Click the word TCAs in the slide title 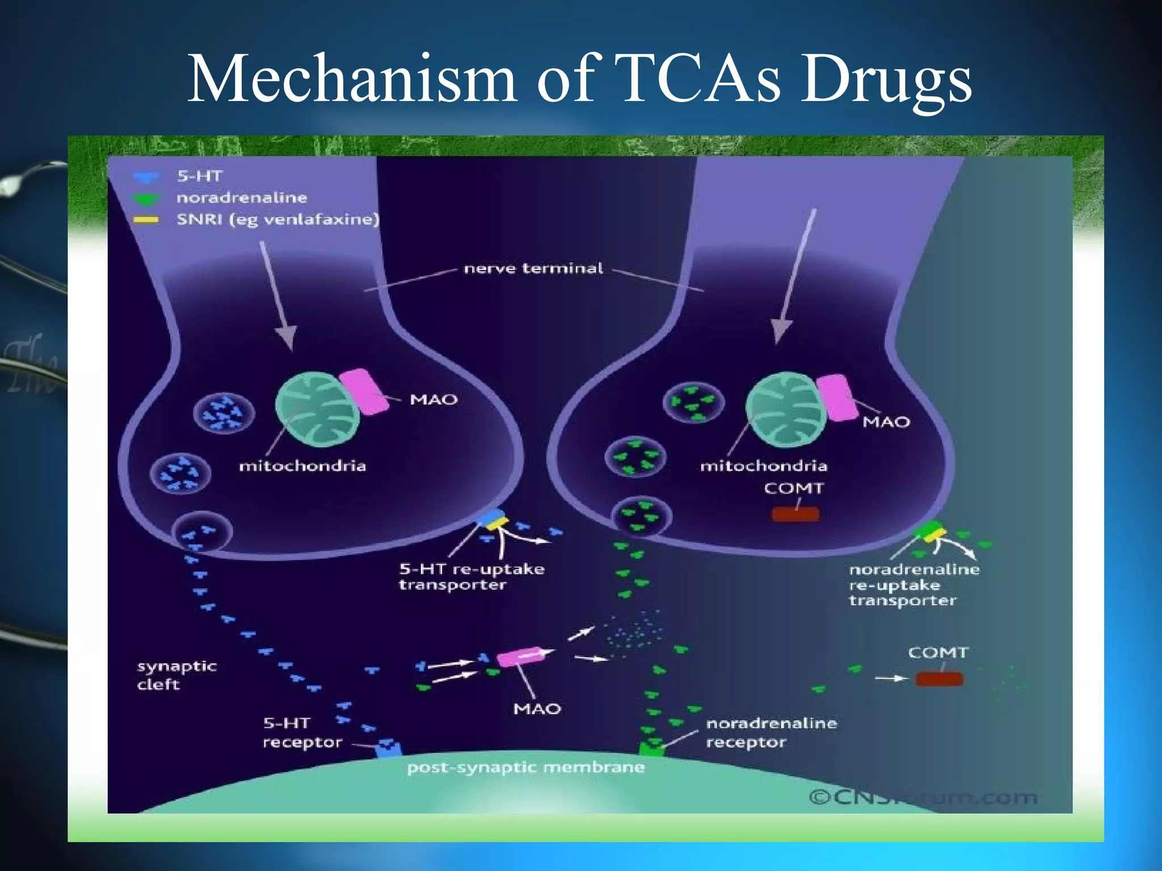click(698, 79)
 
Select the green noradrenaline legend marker click(146, 199)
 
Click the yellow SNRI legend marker click(146, 220)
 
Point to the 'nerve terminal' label click(533, 268)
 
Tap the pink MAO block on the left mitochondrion click(364, 391)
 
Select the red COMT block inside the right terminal click(795, 514)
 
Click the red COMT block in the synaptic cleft click(939, 679)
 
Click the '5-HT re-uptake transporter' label click(471, 577)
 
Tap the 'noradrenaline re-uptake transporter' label click(913, 585)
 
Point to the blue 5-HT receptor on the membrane click(388, 750)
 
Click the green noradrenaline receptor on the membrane click(651, 749)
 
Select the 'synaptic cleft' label click(176, 675)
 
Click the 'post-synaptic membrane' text click(525, 768)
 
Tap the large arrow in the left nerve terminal click(278, 295)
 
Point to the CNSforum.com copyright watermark click(923, 797)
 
